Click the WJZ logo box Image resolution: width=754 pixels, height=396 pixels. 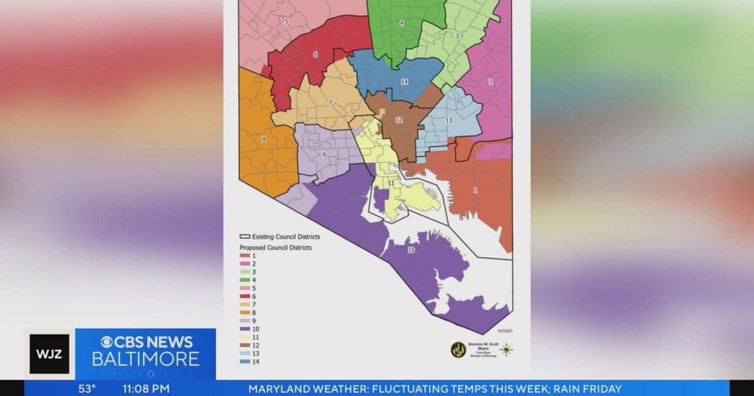(50, 354)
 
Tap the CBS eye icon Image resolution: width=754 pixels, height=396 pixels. (108, 343)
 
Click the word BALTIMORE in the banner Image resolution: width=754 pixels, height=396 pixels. (146, 360)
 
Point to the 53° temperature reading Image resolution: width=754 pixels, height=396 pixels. (87, 388)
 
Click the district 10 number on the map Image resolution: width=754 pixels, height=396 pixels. (411, 250)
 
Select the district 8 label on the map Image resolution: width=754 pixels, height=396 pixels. (264, 139)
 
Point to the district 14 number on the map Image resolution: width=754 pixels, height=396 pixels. (404, 82)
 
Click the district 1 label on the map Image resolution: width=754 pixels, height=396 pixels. (475, 190)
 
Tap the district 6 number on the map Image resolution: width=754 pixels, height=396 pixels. (315, 55)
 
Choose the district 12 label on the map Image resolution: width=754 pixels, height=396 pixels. (398, 120)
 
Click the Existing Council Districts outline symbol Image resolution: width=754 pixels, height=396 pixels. (244, 237)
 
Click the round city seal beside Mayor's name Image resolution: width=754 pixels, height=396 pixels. (458, 350)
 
